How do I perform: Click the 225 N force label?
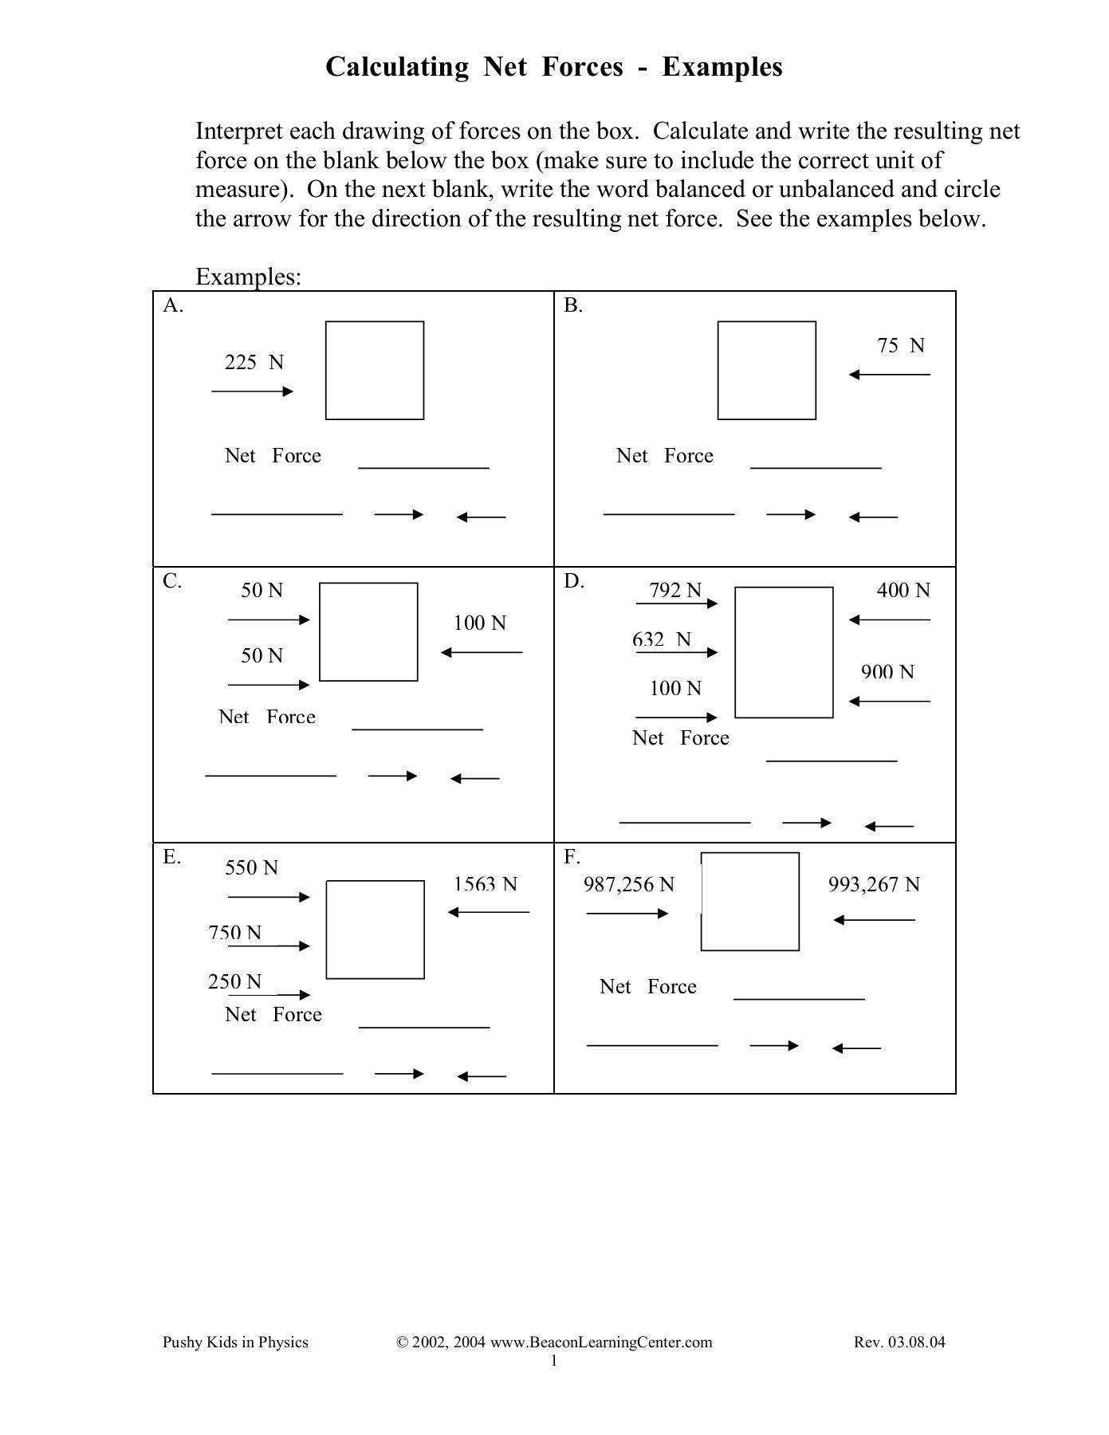254,363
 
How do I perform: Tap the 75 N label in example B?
900,346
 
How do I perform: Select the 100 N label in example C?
479,623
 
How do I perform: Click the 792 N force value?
675,591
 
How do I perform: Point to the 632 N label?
661,639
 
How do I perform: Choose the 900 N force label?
887,672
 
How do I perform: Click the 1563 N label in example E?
485,884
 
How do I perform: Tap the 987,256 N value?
628,885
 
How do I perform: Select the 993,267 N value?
873,885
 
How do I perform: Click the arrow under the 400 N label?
889,620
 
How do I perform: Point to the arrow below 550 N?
269,898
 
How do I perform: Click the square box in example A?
374,371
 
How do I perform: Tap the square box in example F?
749,902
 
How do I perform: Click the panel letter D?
573,581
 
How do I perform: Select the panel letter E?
171,857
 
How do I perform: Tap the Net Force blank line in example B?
815,468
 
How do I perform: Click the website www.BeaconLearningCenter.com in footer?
600,1343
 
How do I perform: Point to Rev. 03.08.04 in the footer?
899,1343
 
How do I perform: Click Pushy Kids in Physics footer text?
235,1343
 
